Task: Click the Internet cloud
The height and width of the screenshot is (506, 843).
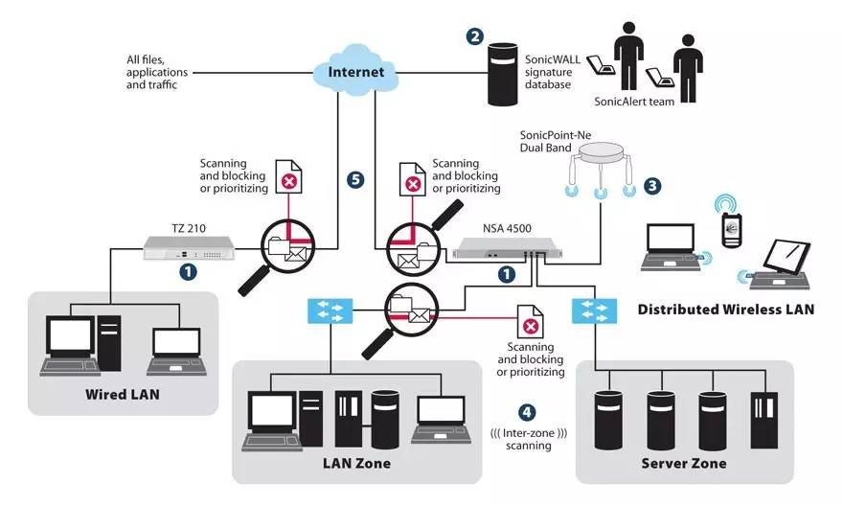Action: click(x=356, y=71)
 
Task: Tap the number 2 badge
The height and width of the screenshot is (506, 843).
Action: click(x=475, y=36)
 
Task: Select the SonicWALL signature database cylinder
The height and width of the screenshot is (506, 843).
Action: click(x=503, y=75)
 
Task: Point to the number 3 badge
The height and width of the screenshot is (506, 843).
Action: click(x=652, y=186)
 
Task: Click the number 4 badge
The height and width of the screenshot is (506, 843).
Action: click(x=527, y=412)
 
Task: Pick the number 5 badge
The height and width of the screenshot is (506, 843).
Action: click(x=355, y=179)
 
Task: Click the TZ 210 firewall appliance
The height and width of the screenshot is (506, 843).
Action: click(x=189, y=248)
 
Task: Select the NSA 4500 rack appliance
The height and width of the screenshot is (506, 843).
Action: click(x=507, y=248)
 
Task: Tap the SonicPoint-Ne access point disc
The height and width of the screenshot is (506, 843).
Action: click(x=601, y=153)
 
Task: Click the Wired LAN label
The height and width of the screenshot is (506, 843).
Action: click(x=123, y=394)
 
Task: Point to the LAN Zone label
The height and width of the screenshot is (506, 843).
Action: click(x=357, y=463)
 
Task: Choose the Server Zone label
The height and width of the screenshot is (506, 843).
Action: click(x=684, y=463)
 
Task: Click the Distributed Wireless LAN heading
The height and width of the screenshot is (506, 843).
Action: click(x=726, y=310)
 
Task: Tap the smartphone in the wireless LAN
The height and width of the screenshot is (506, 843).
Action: click(x=732, y=230)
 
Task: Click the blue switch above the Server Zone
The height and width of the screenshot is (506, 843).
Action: click(x=595, y=310)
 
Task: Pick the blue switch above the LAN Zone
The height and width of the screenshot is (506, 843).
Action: click(x=330, y=310)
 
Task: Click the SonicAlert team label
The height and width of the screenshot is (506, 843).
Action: click(x=634, y=101)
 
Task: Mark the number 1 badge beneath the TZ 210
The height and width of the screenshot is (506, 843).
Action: click(x=188, y=271)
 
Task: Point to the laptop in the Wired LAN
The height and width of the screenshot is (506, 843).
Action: click(x=176, y=351)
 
